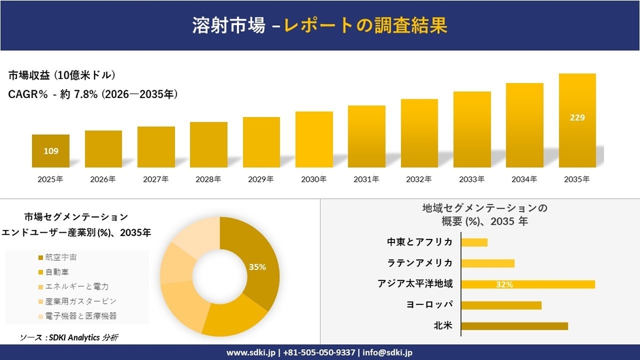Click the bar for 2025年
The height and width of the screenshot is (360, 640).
click(x=50, y=151)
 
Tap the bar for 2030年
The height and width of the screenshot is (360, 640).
click(x=314, y=140)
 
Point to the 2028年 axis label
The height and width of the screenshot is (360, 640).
click(x=208, y=179)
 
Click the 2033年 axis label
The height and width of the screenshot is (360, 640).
click(x=472, y=179)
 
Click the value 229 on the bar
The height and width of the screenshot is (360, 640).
click(x=577, y=118)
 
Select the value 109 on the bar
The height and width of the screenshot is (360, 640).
click(x=50, y=150)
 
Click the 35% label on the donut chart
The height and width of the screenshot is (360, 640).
click(x=257, y=267)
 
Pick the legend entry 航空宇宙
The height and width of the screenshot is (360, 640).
click(x=61, y=257)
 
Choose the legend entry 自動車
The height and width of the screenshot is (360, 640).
click(x=57, y=272)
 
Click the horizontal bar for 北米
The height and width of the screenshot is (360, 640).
click(x=514, y=326)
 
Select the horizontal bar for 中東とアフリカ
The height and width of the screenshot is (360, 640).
click(x=474, y=242)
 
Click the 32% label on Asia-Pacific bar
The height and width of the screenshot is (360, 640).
click(x=505, y=284)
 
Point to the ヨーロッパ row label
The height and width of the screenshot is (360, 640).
click(x=429, y=305)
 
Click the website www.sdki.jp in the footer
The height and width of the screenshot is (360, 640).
click(x=250, y=353)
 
